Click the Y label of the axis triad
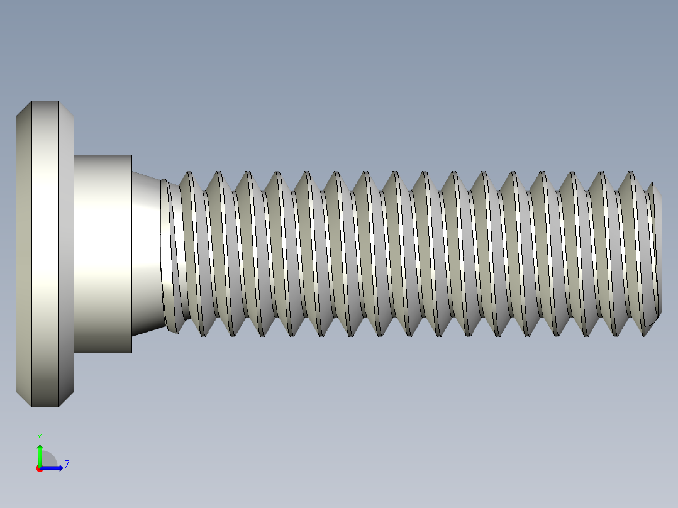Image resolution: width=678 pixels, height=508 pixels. click(39, 436)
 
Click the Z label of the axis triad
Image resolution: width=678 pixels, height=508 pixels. click(67, 465)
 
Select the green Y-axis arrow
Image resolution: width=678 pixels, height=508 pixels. click(40, 453)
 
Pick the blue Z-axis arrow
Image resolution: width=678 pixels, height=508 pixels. click(54, 468)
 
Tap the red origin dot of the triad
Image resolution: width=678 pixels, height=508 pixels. click(39, 468)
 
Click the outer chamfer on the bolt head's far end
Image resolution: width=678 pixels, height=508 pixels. click(23, 253)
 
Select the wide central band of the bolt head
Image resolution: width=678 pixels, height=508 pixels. click(45, 253)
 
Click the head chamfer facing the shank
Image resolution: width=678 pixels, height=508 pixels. click(66, 253)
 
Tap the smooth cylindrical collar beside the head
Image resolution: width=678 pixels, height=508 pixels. click(103, 253)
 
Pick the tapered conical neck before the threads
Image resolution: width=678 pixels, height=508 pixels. click(146, 253)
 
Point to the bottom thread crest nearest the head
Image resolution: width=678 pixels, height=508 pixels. click(203, 334)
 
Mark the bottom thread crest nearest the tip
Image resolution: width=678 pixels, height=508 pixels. click(645, 333)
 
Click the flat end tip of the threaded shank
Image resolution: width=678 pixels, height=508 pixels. click(660, 253)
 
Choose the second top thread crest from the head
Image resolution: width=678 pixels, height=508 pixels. click(218, 173)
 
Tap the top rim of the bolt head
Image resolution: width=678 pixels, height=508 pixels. click(45, 102)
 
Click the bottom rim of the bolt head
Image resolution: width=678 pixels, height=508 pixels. click(45, 405)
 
